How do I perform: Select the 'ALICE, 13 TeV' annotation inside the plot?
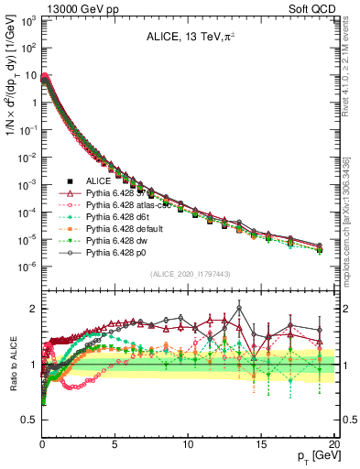coord(185,38)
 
